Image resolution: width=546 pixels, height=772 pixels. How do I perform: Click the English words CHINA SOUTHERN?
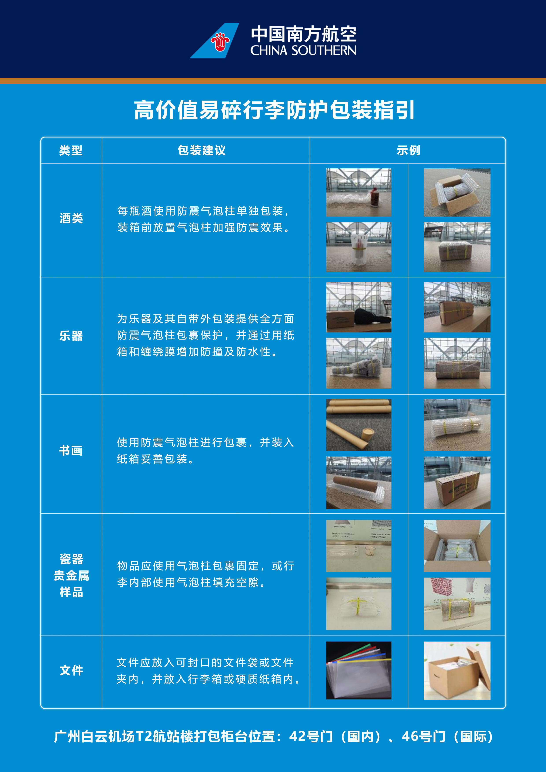click(x=303, y=50)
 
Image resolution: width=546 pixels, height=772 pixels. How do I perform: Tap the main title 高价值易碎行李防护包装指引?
click(x=274, y=110)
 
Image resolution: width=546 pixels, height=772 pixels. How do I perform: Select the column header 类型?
click(x=71, y=150)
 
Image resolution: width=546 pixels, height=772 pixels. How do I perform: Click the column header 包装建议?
click(x=202, y=150)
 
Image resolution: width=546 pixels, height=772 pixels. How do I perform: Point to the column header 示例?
click(x=408, y=150)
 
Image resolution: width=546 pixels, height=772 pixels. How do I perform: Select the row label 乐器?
click(x=71, y=336)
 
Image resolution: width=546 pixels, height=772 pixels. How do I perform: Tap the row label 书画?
click(x=71, y=450)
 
